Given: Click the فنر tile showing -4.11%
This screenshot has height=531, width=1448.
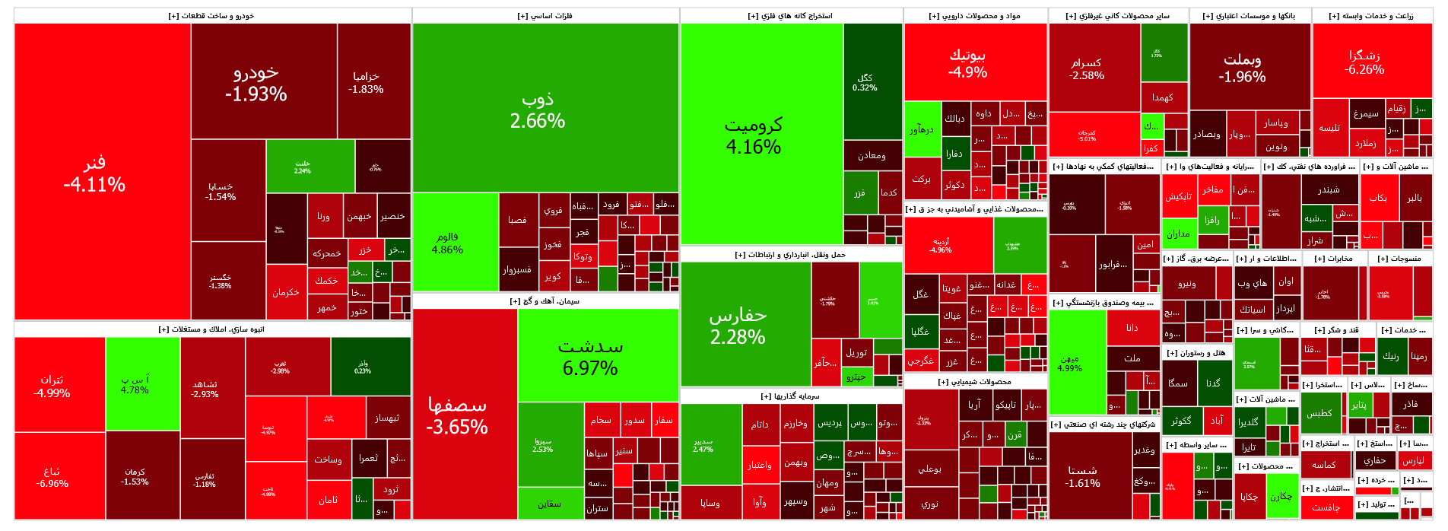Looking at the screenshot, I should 94,173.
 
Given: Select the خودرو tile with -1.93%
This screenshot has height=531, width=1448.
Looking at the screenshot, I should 256,84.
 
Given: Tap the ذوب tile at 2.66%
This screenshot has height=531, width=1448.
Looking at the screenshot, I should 538,110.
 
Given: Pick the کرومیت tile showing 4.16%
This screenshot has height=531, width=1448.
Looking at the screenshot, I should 753,135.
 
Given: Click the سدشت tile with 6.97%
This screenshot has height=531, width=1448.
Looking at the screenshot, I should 590,358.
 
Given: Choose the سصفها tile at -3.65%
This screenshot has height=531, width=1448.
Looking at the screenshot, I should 457,415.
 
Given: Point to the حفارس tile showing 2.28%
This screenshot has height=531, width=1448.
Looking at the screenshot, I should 738,326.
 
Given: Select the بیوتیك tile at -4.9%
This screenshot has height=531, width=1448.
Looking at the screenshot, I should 967,63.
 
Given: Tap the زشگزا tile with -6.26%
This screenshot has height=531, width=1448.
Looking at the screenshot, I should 1364,62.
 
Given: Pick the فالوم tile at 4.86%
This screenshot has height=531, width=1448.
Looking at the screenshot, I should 447,243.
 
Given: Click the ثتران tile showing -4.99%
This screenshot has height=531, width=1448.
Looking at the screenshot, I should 52,386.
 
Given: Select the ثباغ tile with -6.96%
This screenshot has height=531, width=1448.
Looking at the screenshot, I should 52,477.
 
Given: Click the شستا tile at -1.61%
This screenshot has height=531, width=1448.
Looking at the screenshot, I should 1082,476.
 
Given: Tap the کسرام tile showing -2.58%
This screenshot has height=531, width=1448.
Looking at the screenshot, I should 1086,68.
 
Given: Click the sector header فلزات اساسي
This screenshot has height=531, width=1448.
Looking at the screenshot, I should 545,16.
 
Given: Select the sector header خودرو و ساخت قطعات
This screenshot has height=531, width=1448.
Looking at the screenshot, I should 211,16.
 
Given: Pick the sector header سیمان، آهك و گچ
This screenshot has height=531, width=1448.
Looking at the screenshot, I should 545,301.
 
